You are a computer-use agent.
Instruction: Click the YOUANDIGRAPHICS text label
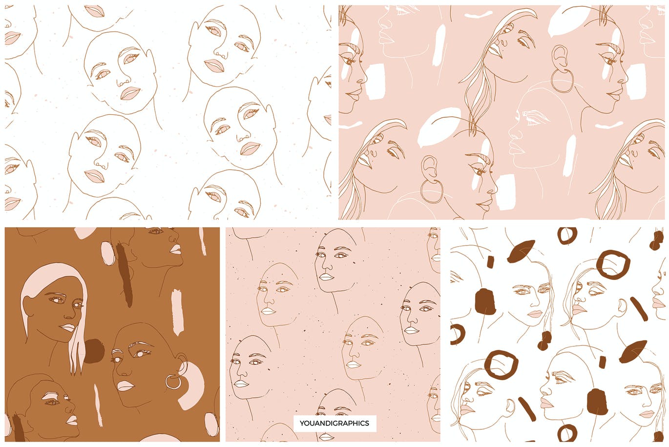coord(335,423)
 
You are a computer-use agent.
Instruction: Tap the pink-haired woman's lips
coord(68,328)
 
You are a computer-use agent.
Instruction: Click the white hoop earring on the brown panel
coord(173,382)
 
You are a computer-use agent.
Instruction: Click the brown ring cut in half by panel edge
coord(456,334)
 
